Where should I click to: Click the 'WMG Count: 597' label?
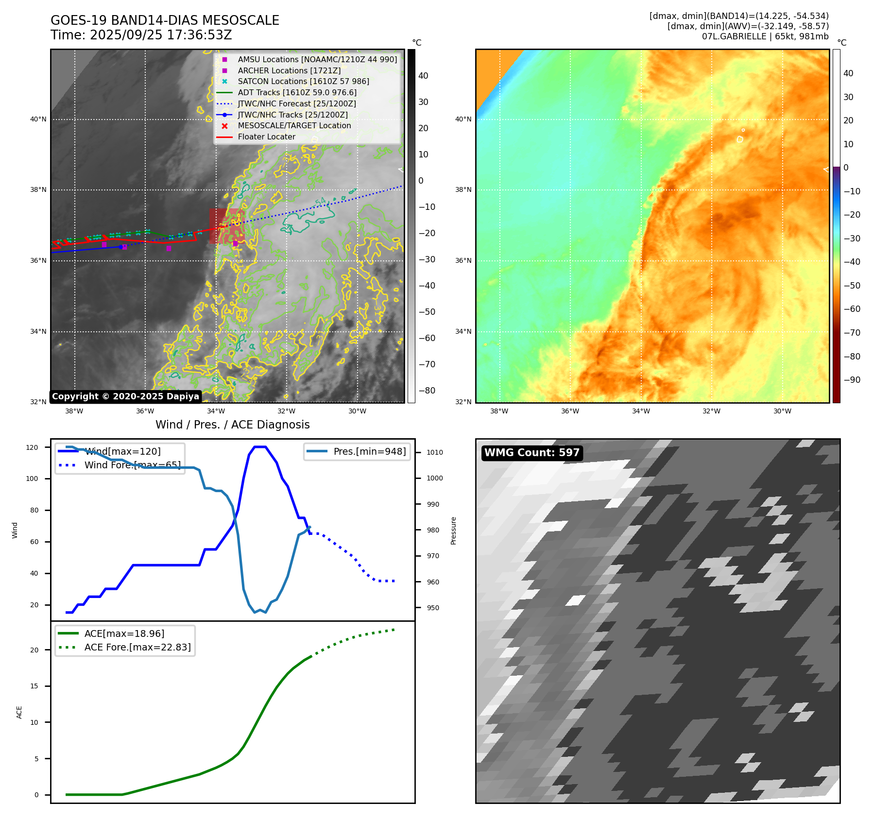(531, 453)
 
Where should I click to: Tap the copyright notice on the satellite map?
(125, 396)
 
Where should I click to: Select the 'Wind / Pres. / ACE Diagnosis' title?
(232, 425)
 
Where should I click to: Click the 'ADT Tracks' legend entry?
(297, 92)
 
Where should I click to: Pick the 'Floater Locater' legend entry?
(266, 137)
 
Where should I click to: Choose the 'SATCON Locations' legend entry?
(303, 81)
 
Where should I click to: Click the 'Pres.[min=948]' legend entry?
(369, 451)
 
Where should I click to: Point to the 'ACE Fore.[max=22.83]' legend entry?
(137, 647)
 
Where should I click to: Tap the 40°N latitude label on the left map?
(38, 119)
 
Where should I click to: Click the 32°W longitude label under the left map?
(287, 411)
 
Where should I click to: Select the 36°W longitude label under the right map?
(570, 411)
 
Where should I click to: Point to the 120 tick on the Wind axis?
(32, 447)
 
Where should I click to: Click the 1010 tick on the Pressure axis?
(435, 452)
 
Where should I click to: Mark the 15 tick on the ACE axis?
(34, 686)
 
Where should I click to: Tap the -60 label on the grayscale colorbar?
(427, 338)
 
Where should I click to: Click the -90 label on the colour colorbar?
(852, 380)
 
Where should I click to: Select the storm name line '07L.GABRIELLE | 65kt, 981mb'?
(765, 36)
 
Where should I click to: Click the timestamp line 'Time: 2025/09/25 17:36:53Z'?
(141, 35)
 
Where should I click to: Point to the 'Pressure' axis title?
(453, 530)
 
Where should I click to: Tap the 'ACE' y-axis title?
(19, 712)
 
